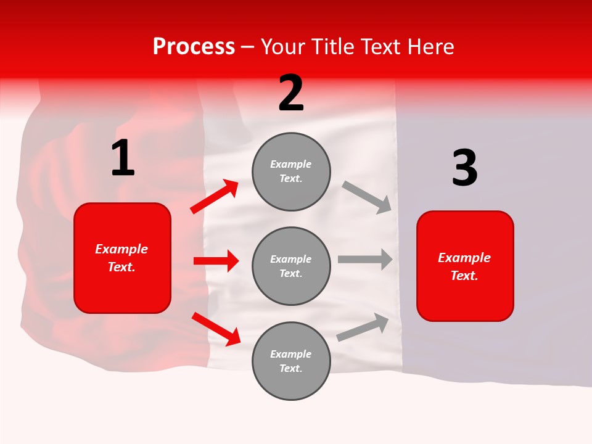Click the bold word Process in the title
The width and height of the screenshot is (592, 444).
pyautogui.click(x=194, y=46)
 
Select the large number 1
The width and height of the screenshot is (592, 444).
pyautogui.click(x=123, y=158)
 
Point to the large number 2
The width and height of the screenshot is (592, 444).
pyautogui.click(x=291, y=94)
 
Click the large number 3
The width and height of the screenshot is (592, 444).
pyautogui.click(x=464, y=168)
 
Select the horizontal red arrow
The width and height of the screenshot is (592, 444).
pyautogui.click(x=216, y=261)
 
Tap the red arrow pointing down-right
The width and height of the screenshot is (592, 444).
pyautogui.click(x=216, y=329)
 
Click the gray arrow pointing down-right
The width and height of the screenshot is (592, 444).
pyautogui.click(x=366, y=197)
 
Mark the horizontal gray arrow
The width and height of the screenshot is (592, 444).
pyautogui.click(x=364, y=260)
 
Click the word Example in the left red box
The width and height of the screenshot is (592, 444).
pyautogui.click(x=121, y=249)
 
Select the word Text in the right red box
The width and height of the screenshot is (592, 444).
pyautogui.click(x=463, y=276)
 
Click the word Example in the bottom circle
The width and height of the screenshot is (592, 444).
pyautogui.click(x=291, y=354)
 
